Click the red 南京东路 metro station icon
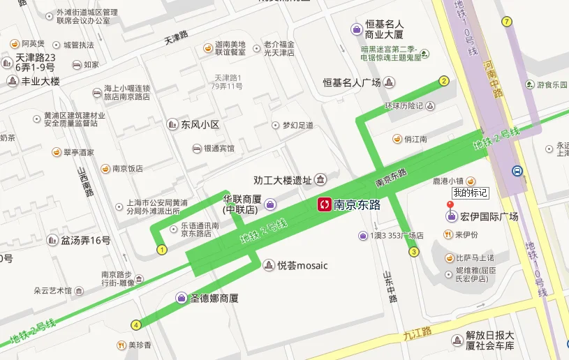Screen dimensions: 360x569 coord(325,204)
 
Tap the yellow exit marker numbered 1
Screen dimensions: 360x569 coord(162,249)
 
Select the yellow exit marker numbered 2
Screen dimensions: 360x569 coord(443,81)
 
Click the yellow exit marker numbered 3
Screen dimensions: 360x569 coord(414,252)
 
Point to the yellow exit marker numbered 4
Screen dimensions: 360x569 coord(135,324)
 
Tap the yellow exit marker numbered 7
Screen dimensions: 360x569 coord(506,21)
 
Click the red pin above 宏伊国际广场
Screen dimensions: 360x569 coord(450,206)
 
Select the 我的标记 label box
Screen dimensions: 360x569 coord(470,193)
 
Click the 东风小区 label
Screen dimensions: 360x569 coord(200,125)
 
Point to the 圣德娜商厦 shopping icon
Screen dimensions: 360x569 coord(182,298)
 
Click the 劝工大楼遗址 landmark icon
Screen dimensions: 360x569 coord(321,180)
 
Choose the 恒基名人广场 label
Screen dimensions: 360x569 coord(351,83)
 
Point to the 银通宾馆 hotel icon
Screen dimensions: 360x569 coord(197,149)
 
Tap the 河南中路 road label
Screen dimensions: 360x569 coord(492,79)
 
